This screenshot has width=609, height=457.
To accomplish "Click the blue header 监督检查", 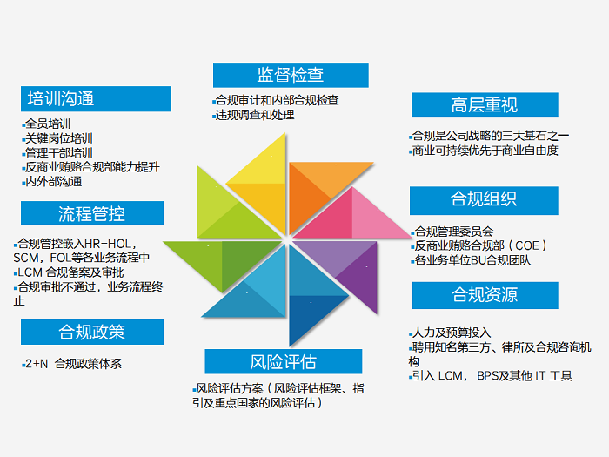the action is [x=291, y=74].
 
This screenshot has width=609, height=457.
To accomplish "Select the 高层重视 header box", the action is [x=485, y=105].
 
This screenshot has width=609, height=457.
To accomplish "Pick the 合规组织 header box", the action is [x=484, y=199].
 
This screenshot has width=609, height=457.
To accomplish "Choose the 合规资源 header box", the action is [x=484, y=294].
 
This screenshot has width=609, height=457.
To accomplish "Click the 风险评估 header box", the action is [x=284, y=360].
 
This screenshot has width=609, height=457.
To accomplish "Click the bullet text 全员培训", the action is [x=50, y=124].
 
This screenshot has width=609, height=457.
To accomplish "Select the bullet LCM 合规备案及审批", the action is [x=72, y=272].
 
